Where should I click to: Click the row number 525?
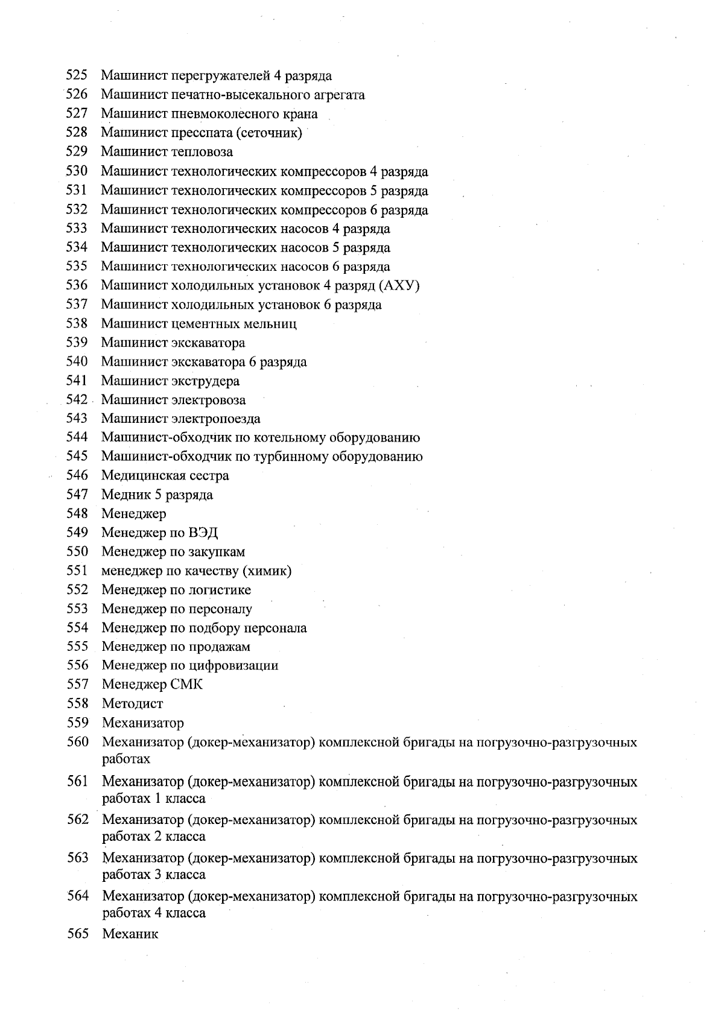tap(77, 76)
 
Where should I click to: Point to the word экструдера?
tap(205, 381)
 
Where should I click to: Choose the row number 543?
tap(77, 418)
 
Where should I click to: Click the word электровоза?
tap(208, 400)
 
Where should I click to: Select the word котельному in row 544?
tap(273, 438)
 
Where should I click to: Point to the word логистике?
tap(219, 590)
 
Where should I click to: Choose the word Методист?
tap(132, 704)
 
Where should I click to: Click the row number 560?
tap(78, 742)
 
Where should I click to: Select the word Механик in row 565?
tap(130, 934)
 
